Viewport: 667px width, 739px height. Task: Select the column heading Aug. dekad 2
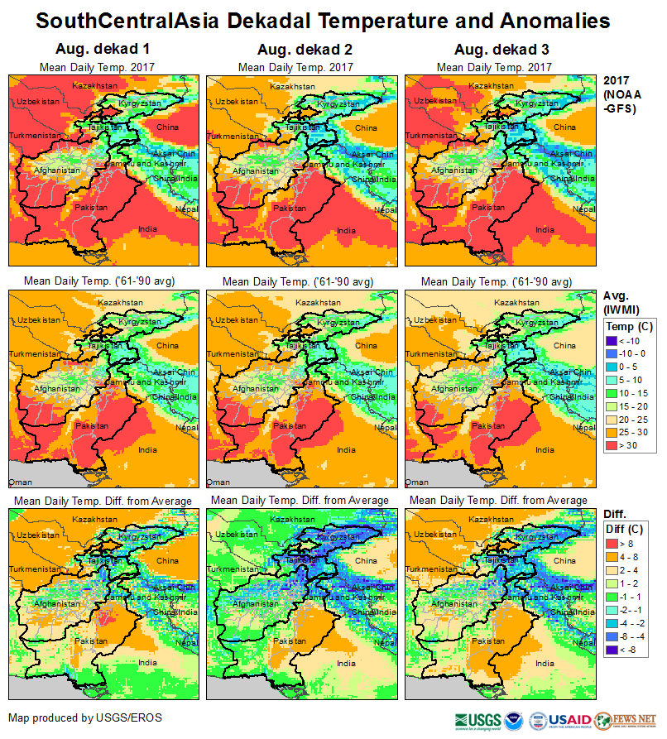click(295, 50)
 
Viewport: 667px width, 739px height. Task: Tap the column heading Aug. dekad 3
click(494, 50)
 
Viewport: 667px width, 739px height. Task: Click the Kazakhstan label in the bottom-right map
click(491, 514)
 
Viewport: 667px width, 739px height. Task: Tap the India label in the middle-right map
click(545, 450)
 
